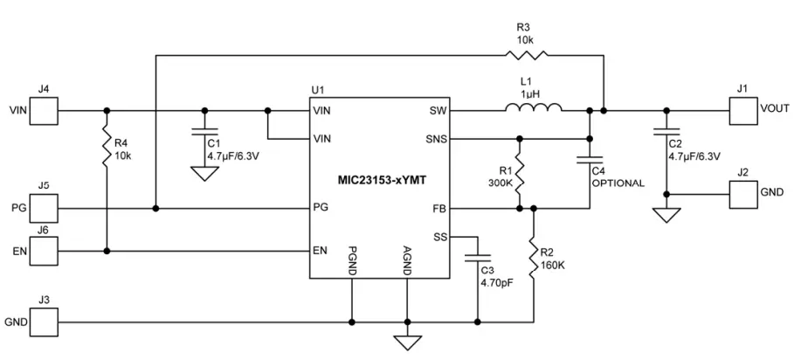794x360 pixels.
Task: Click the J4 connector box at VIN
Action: pos(45,111)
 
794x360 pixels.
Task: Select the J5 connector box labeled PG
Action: pos(45,209)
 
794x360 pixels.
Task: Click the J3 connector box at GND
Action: pos(45,322)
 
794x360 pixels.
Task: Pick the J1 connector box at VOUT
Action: pos(742,111)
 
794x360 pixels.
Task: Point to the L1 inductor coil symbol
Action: pos(532,109)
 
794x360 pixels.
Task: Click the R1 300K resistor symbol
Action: pos(519,173)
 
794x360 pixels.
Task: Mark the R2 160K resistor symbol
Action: pos(533,254)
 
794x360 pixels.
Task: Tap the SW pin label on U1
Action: pos(438,111)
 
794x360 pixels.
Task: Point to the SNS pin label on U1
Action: pos(436,139)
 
